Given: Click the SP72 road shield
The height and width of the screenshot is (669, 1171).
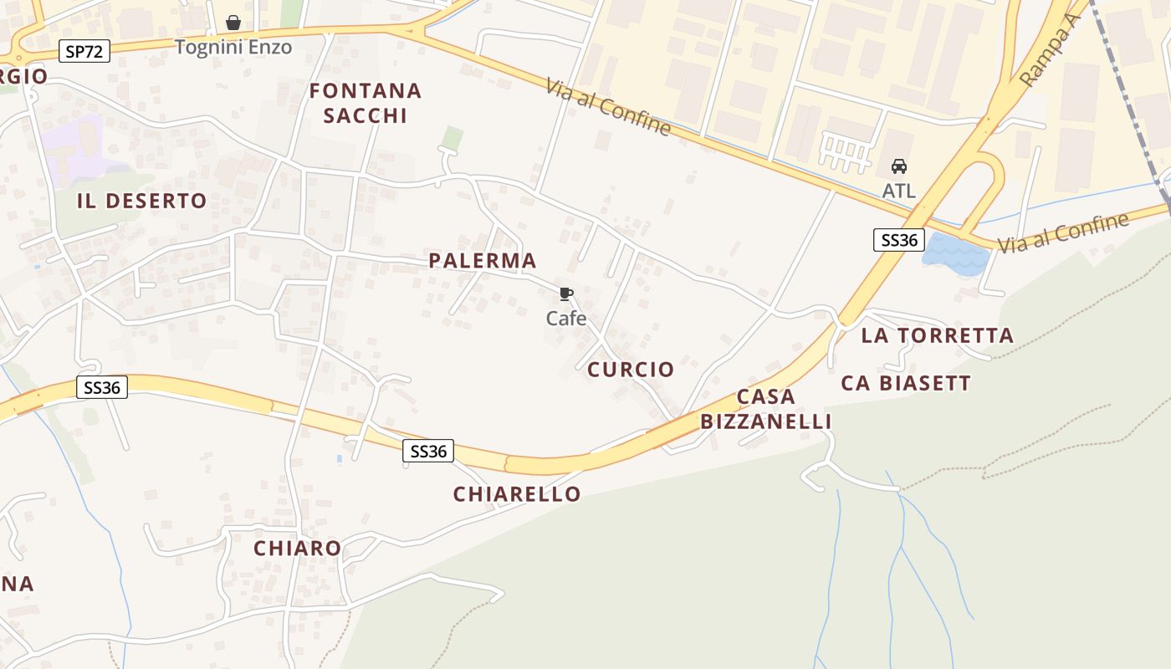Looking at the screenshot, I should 85,52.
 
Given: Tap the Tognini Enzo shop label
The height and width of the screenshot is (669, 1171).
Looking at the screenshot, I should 233,47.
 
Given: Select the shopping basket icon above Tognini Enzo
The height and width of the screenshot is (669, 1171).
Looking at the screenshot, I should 233,23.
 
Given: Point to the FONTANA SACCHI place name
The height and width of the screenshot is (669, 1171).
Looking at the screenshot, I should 366,103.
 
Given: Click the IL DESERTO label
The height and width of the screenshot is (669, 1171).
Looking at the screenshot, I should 141,201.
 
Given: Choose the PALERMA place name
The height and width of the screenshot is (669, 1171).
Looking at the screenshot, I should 483,261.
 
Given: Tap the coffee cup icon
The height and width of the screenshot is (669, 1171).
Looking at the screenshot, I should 566,294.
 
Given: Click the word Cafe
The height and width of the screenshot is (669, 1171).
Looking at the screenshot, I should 566,319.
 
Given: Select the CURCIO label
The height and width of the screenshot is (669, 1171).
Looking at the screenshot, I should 631,370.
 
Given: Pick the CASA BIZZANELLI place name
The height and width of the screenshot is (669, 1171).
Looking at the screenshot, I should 766,409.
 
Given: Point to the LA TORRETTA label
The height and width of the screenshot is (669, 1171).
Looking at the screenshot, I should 937,336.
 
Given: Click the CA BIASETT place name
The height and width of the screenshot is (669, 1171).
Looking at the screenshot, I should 906,384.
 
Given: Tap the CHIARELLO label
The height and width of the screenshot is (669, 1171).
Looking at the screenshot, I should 517,494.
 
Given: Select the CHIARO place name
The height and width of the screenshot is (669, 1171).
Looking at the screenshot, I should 298,549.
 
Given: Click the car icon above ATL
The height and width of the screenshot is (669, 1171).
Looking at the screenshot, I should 899,166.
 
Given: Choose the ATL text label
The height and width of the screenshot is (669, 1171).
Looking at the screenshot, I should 899,191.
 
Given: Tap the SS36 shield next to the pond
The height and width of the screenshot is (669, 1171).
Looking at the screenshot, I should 897,241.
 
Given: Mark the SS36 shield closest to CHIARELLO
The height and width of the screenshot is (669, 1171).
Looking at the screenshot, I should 428,452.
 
